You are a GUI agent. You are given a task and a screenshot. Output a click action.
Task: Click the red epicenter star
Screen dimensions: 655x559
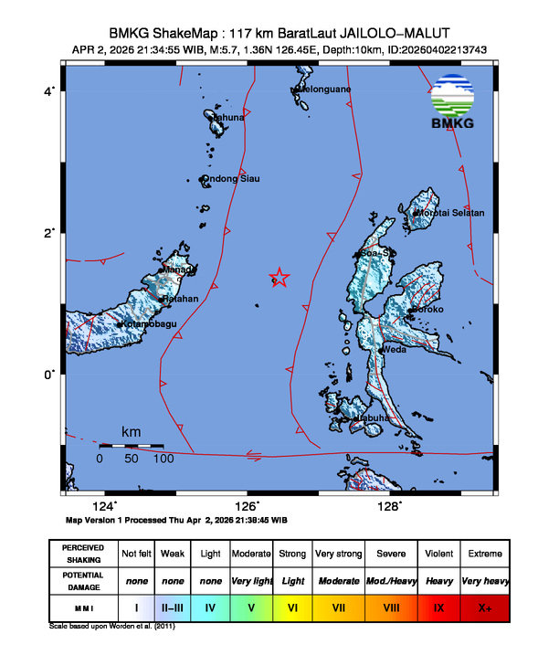click(x=279, y=278)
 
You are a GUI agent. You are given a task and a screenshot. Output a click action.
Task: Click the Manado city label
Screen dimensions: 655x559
click(x=179, y=270)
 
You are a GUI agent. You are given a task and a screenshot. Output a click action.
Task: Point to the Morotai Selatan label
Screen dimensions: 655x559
click(x=450, y=213)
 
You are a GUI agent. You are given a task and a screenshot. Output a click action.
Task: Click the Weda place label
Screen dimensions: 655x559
click(x=394, y=350)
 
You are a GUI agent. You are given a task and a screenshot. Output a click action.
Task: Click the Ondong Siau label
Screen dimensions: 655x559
click(x=231, y=179)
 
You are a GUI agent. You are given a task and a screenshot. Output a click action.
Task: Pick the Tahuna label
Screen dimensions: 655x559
click(x=228, y=118)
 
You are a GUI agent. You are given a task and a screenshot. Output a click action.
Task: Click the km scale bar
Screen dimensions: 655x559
click(x=131, y=446)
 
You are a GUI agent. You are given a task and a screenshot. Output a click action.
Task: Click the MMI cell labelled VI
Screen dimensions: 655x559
click(x=292, y=605)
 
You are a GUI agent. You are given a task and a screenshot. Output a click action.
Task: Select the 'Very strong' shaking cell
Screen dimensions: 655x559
click(x=338, y=554)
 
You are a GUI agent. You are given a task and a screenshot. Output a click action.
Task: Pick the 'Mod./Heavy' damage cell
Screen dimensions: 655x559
click(x=392, y=580)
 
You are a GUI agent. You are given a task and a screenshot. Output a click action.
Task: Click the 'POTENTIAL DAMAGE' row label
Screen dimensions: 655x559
click(x=83, y=580)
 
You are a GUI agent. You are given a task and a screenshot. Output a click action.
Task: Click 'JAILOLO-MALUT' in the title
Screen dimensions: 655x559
click(x=384, y=30)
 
